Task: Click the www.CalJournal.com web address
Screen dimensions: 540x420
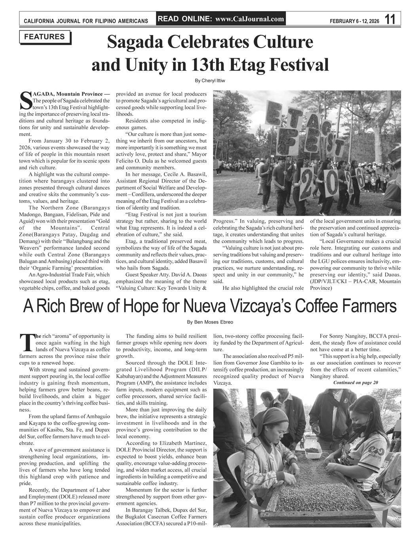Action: point(250,19)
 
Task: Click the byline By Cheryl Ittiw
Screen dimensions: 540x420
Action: point(210,81)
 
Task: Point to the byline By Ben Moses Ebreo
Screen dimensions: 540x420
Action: point(210,322)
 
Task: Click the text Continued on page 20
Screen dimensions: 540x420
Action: point(356,382)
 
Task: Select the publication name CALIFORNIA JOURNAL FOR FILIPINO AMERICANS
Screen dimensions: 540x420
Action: point(86,20)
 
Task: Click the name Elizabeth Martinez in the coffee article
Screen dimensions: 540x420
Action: point(182,443)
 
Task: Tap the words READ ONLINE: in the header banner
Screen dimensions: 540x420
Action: point(185,19)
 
